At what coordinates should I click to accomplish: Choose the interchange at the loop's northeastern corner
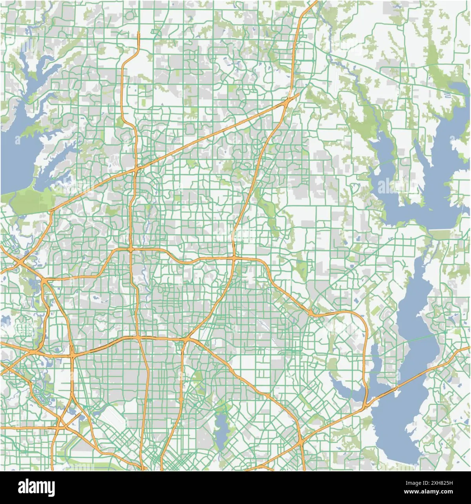coord(234,258)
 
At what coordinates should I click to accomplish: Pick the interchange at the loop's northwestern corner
coord(130,249)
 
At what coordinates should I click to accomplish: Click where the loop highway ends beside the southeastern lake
coord(366,405)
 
